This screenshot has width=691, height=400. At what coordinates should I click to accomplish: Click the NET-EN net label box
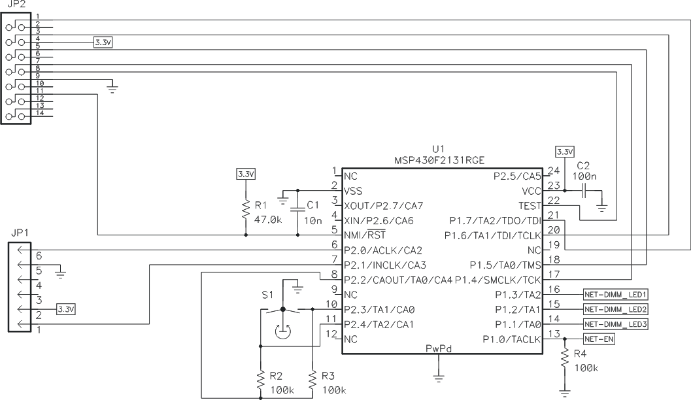pyautogui.click(x=599, y=340)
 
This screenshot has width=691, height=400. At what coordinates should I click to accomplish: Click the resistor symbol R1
pyautogui.click(x=246, y=209)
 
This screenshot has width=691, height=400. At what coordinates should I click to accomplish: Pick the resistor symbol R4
pyautogui.click(x=565, y=361)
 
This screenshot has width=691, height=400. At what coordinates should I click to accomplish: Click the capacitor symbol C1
pyautogui.click(x=297, y=206)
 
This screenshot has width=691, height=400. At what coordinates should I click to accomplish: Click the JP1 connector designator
pyautogui.click(x=20, y=232)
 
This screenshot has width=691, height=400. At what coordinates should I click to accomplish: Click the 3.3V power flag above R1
pyautogui.click(x=246, y=175)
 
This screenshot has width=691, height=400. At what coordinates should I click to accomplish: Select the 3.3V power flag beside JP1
pyautogui.click(x=65, y=308)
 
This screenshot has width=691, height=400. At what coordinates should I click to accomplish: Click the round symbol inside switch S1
pyautogui.click(x=282, y=331)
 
